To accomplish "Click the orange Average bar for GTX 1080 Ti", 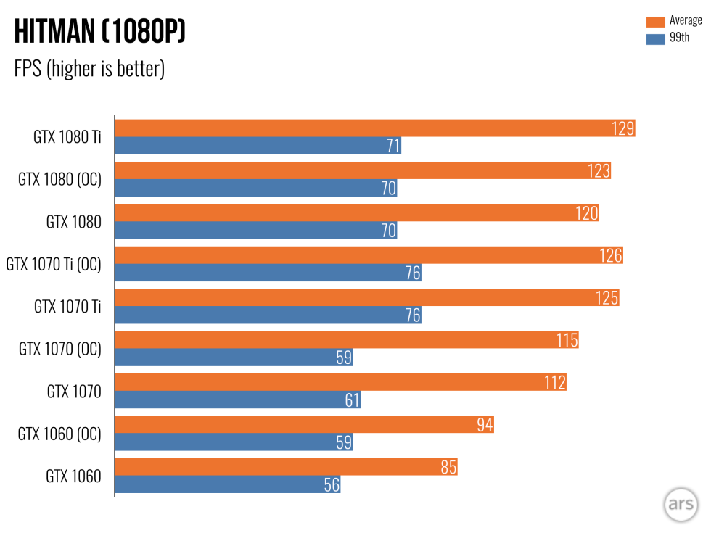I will coord(363,128).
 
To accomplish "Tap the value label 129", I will coord(622,128).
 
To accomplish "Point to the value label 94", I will coord(484,425).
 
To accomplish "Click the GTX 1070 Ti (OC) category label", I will coord(54,265).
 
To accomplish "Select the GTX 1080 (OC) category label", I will coord(59,180).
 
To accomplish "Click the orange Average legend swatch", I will coord(655,21).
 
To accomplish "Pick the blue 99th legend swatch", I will coord(655,38).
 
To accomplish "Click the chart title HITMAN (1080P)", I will coord(100,32).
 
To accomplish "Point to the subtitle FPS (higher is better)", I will coord(89,70).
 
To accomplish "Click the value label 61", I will coord(352,400).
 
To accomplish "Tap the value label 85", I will coord(448,467).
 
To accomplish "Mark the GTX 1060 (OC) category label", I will coord(59,434).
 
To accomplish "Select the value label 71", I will coord(393,146).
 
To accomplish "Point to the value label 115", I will coord(567,340).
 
